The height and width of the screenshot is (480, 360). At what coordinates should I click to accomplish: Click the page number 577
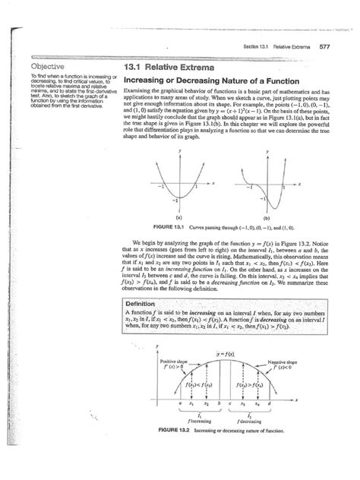322,46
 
